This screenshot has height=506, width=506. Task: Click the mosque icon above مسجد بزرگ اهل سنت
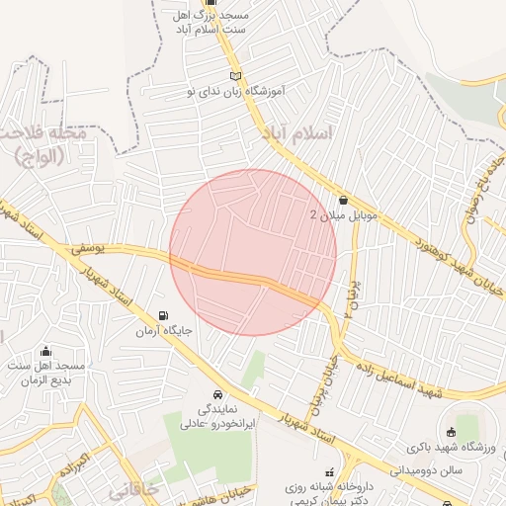(x=210, y=3)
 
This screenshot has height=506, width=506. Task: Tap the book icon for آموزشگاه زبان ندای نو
(x=234, y=75)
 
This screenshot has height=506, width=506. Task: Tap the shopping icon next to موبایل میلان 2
(x=343, y=199)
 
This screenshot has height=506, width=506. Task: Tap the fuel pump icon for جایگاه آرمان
(x=163, y=316)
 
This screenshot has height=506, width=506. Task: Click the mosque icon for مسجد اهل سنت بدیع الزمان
(x=45, y=351)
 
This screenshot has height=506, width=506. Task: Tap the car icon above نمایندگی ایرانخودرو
(x=217, y=393)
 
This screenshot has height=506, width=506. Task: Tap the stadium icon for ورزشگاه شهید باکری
(x=452, y=431)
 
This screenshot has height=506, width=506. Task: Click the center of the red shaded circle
(x=253, y=252)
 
